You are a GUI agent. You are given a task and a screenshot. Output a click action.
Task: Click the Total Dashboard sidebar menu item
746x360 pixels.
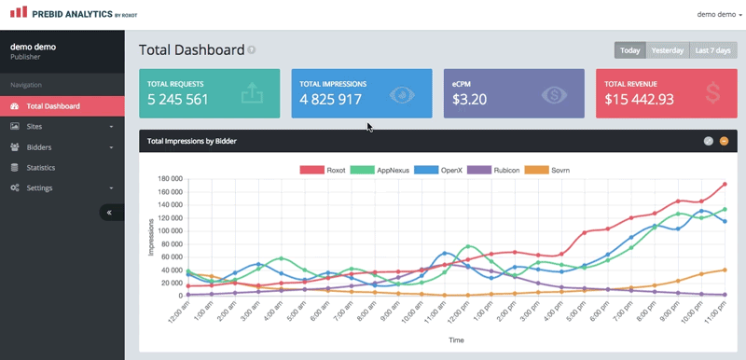click(x=52, y=106)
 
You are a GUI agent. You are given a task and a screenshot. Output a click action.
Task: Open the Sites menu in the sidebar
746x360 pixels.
click(x=35, y=126)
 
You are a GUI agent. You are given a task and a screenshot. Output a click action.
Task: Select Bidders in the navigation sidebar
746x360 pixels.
click(x=38, y=146)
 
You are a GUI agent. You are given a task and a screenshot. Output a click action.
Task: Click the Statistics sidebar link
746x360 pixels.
click(x=40, y=167)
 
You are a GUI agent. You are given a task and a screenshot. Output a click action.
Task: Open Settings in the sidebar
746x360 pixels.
click(x=40, y=187)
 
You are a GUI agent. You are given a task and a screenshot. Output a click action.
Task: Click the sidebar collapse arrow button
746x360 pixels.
click(x=111, y=213)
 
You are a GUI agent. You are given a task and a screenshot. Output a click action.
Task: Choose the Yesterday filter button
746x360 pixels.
click(x=667, y=50)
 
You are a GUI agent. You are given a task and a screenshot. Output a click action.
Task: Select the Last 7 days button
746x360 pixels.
click(x=713, y=50)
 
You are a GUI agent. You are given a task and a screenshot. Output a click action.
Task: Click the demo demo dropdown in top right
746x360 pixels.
click(x=719, y=14)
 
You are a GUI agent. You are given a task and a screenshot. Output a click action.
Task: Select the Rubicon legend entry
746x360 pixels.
click(x=494, y=170)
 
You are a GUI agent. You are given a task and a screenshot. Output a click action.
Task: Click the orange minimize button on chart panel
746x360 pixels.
click(x=725, y=141)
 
